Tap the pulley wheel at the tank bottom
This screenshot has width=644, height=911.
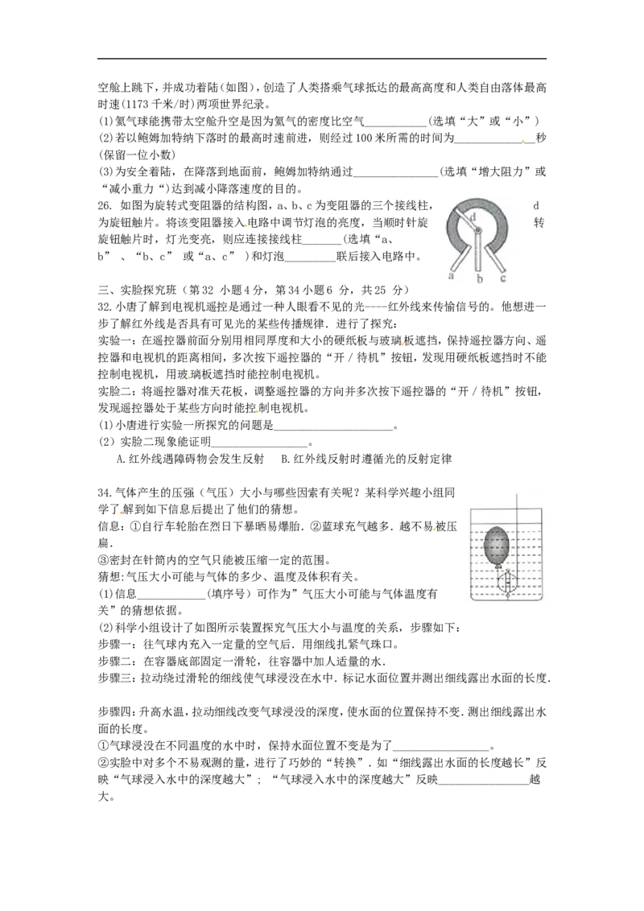point(507,583)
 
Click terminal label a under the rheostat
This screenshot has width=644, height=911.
point(451,275)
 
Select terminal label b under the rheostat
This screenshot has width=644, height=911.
point(480,279)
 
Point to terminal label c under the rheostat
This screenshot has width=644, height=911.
point(503,278)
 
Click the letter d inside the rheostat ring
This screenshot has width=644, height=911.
point(473,216)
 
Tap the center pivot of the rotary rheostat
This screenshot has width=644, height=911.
point(478,230)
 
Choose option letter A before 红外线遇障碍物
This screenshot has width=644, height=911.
point(120,459)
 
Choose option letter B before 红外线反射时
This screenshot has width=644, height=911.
point(285,459)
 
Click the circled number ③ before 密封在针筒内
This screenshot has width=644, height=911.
point(103,560)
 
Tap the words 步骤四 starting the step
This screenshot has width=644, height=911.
point(114,711)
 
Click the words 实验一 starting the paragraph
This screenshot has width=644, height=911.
point(114,340)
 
